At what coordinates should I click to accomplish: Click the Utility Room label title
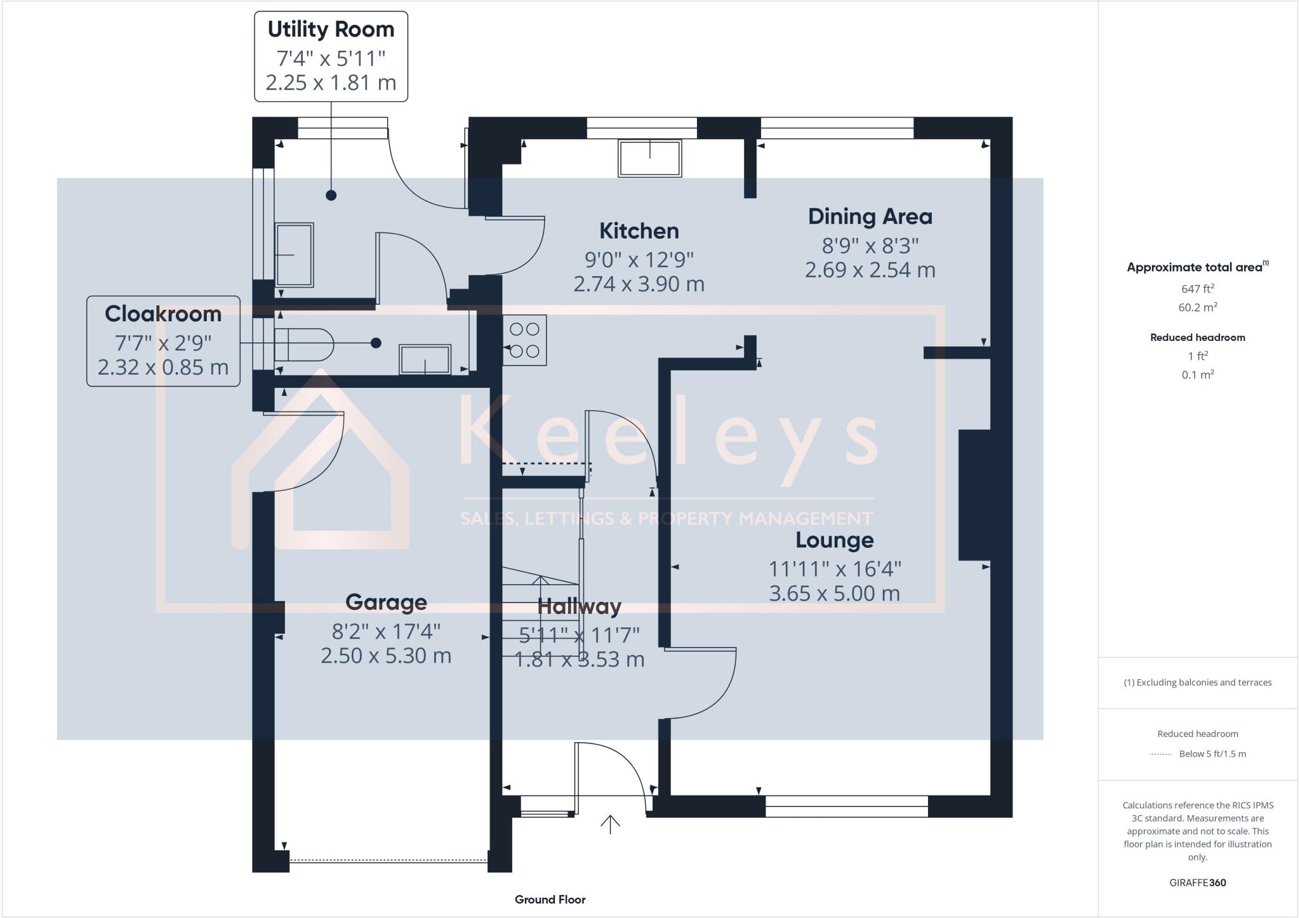(x=331, y=29)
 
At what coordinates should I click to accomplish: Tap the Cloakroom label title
(x=163, y=314)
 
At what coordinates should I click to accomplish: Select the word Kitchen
(x=639, y=230)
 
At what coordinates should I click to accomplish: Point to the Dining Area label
(x=870, y=216)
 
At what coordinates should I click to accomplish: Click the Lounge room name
(x=834, y=540)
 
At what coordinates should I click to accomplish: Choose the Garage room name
(x=386, y=602)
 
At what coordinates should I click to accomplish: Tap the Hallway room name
(x=579, y=606)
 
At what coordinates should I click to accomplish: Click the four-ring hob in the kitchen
(x=524, y=340)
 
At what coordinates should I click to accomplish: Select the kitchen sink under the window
(x=649, y=157)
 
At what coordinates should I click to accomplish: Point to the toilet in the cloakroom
(x=303, y=345)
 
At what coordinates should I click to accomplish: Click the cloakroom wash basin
(x=425, y=359)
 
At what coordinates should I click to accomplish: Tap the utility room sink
(x=294, y=255)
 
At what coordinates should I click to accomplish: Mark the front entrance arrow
(x=610, y=823)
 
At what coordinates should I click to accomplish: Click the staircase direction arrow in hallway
(x=540, y=581)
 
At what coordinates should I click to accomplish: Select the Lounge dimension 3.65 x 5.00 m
(x=834, y=594)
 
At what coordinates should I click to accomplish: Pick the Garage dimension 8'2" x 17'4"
(x=386, y=632)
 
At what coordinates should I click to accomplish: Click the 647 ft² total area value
(x=1197, y=289)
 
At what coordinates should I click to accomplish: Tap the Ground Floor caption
(x=550, y=900)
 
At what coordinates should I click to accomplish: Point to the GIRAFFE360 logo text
(x=1197, y=882)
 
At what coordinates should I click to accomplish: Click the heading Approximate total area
(x=1195, y=267)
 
